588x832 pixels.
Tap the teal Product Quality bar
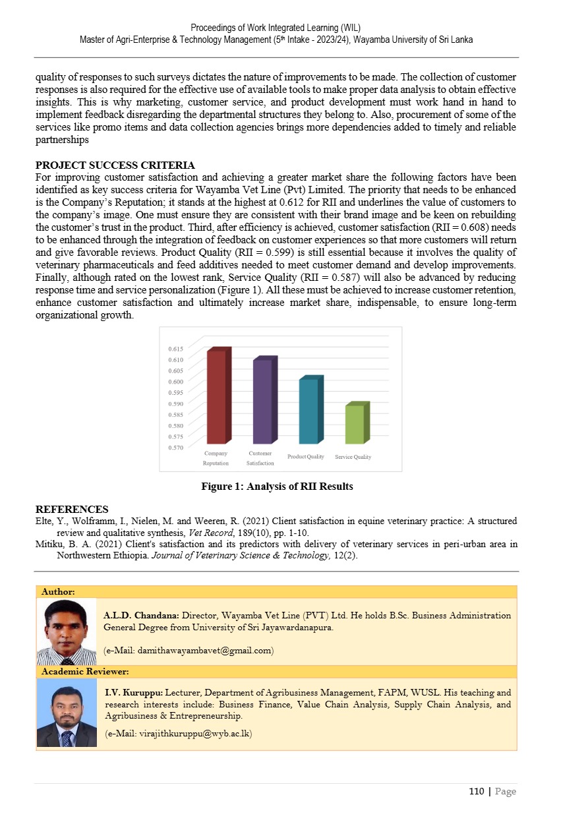(x=309, y=410)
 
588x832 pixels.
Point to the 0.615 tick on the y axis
(x=175, y=348)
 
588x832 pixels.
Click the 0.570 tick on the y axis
(x=175, y=448)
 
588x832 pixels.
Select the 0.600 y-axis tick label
(x=175, y=381)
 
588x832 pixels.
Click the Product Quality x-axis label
(x=305, y=457)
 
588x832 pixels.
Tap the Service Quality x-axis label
(x=353, y=457)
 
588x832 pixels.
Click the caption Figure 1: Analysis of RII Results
(x=277, y=487)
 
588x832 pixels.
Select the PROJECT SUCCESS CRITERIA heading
(x=115, y=165)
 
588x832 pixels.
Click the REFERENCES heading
(x=71, y=510)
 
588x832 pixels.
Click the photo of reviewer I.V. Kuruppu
(x=67, y=713)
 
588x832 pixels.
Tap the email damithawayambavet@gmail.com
(x=189, y=651)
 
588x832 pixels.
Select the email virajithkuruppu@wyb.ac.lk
(x=179, y=733)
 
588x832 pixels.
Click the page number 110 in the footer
(x=476, y=792)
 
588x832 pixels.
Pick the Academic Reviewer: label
(x=85, y=672)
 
